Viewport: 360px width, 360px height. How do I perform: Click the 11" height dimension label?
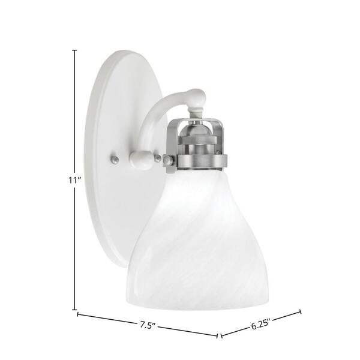pyautogui.click(x=75, y=181)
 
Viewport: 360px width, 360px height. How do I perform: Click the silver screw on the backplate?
pyautogui.click(x=114, y=158)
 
